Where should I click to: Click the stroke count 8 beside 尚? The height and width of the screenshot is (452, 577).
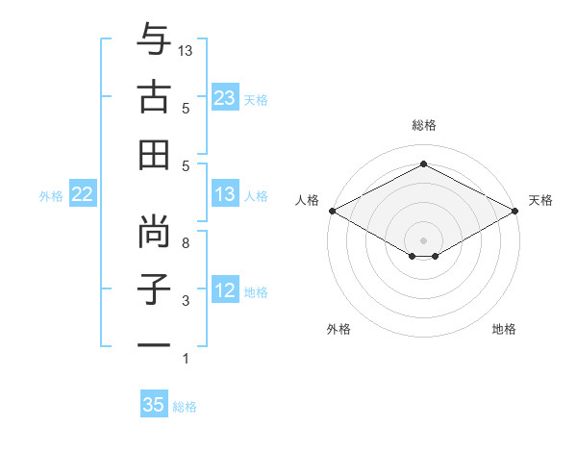click(186, 243)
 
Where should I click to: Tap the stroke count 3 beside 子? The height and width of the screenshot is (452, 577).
click(186, 301)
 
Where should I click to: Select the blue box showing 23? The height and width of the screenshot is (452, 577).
click(225, 98)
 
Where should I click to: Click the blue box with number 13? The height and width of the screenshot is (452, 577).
click(225, 195)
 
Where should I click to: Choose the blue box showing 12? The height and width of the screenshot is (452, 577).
click(225, 291)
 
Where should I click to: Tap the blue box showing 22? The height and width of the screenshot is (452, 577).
click(82, 195)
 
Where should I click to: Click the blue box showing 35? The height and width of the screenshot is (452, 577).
click(154, 405)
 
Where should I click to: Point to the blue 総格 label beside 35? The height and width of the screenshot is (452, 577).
click(185, 407)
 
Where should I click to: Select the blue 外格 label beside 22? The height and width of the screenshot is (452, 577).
click(51, 196)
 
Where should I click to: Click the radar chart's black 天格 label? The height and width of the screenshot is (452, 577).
click(540, 200)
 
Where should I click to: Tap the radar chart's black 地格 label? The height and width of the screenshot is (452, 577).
click(504, 329)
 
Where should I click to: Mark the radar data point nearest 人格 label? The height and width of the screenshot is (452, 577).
click(331, 211)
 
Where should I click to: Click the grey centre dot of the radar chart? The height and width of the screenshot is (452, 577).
click(423, 239)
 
